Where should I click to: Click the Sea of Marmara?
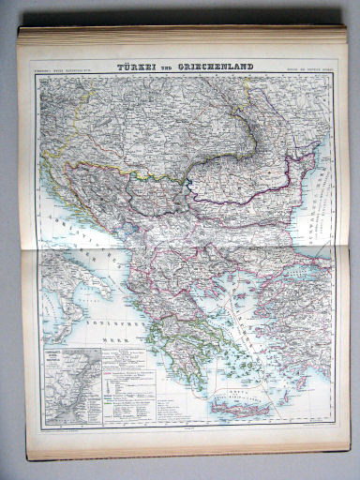(298, 251)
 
